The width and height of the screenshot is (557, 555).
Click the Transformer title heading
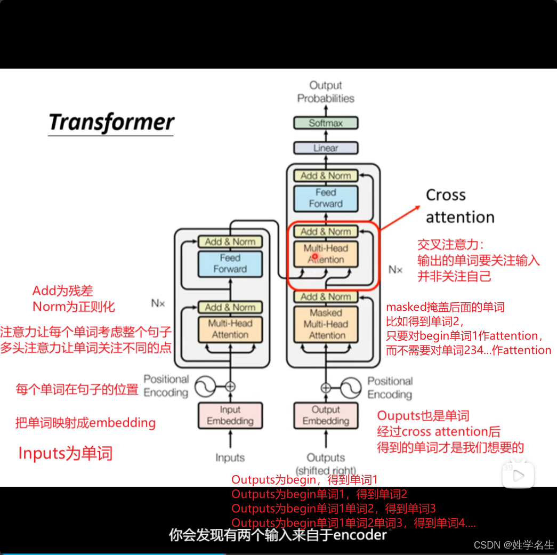(x=111, y=122)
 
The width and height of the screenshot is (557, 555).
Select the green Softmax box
(x=326, y=123)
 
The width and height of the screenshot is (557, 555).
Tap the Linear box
(x=326, y=148)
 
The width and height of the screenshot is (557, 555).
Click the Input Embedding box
(x=230, y=415)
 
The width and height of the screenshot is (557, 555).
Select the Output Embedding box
(x=326, y=415)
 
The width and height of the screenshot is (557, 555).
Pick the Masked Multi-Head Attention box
(x=326, y=324)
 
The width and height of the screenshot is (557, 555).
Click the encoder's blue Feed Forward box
(x=230, y=263)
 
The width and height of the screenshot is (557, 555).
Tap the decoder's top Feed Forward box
(x=326, y=198)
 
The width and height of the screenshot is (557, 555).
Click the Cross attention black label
(x=459, y=206)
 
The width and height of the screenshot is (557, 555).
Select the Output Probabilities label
(x=326, y=92)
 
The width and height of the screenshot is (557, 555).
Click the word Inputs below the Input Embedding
(x=230, y=457)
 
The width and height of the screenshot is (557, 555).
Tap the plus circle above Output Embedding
(x=326, y=388)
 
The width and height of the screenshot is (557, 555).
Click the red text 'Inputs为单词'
(x=66, y=454)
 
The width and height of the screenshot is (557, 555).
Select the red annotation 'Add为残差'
(x=62, y=291)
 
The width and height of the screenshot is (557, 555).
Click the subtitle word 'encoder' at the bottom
(x=360, y=535)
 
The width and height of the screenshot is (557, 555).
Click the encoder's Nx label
(x=158, y=303)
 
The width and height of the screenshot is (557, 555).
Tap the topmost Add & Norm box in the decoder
(x=326, y=175)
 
